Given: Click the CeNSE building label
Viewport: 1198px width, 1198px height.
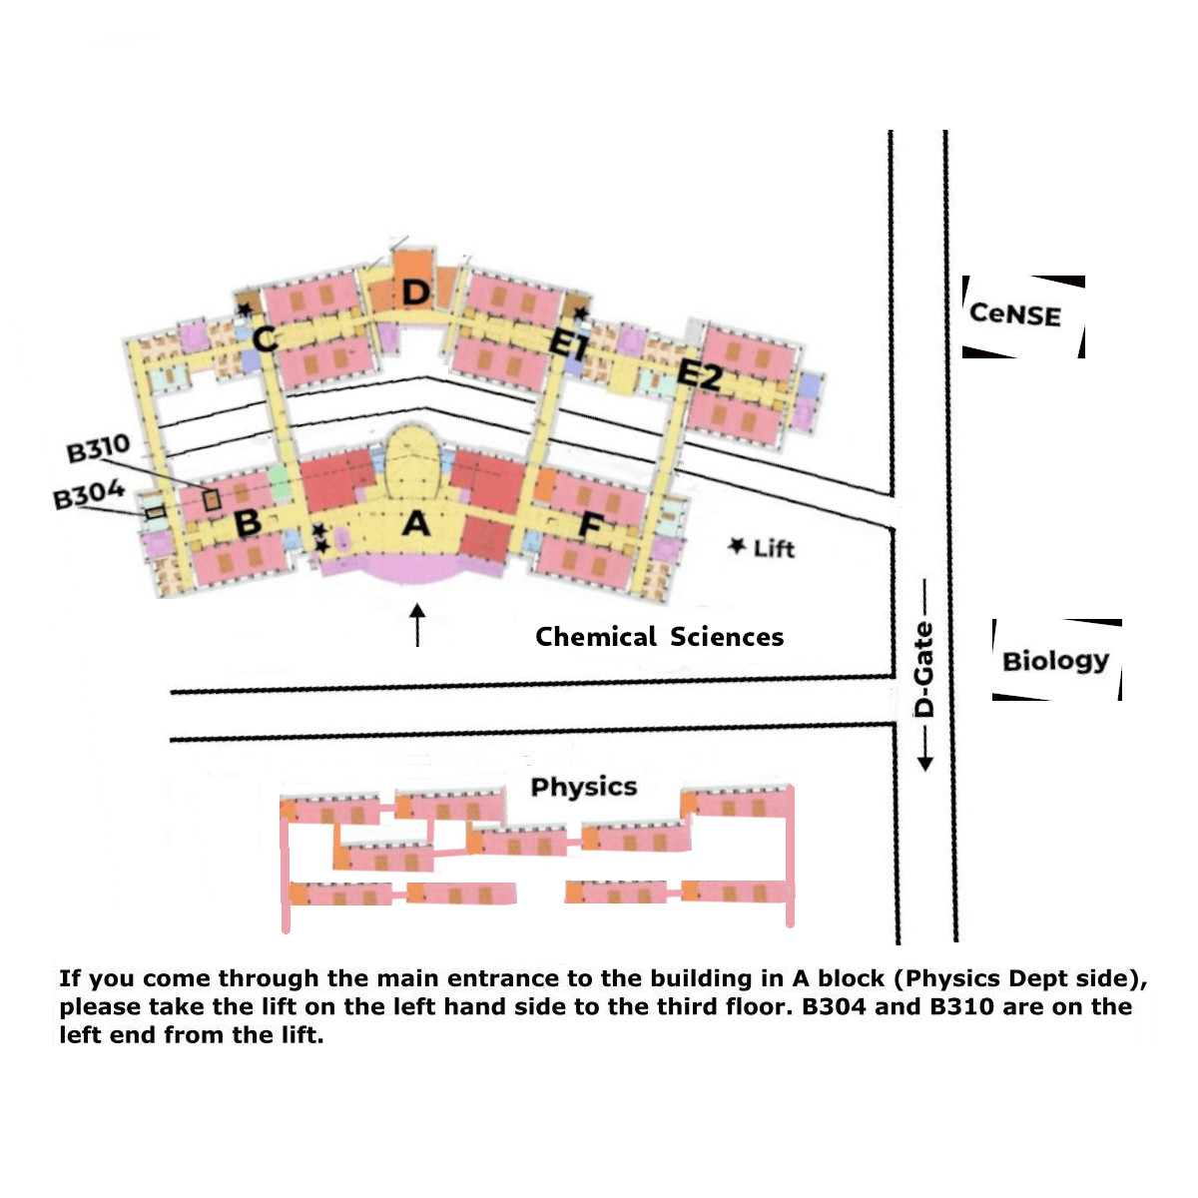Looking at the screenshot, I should tap(1015, 314).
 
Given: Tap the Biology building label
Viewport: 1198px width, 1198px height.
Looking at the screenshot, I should tap(1055, 661).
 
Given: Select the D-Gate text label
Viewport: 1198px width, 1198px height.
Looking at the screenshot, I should tap(924, 669).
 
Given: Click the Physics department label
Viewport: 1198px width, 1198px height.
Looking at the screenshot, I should tap(584, 787).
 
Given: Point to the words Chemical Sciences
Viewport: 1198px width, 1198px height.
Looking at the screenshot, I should tap(659, 637).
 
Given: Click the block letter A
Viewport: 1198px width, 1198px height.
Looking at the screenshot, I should tap(415, 522).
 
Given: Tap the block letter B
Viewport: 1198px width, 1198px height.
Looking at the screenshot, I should tap(247, 522).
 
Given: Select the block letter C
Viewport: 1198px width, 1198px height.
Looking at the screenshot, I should tap(265, 339).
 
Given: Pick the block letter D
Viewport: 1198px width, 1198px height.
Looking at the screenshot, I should tap(415, 293).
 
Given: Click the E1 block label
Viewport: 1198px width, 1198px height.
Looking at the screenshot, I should tap(568, 344).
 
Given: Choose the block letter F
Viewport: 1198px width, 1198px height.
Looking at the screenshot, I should tap(591, 525).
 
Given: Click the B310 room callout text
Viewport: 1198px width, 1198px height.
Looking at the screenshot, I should tap(98, 448).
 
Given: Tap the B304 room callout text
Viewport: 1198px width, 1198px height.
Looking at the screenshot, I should tap(89, 494).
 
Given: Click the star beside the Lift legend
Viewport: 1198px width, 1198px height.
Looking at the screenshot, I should tap(738, 545).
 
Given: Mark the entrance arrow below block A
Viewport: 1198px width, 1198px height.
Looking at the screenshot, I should tap(417, 624).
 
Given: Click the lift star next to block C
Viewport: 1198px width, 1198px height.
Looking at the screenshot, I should tap(245, 309).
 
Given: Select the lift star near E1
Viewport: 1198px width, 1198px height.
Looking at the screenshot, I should tap(581, 314).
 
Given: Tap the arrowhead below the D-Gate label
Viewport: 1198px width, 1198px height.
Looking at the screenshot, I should tap(924, 763).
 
